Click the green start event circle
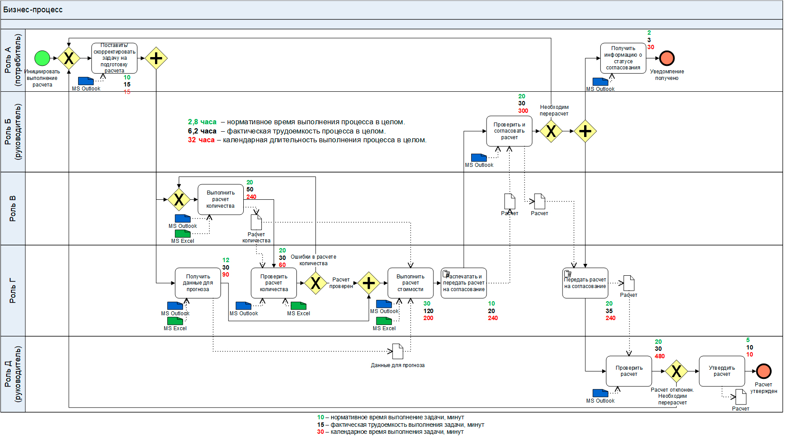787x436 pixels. pos(42,58)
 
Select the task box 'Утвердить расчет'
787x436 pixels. pos(722,371)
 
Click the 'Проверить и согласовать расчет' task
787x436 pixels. pos(509,131)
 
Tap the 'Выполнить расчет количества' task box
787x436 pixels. pos(220,199)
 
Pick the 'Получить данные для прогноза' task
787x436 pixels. pos(198,283)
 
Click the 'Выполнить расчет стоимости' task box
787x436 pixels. pos(410,283)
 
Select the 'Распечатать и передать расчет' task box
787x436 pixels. pos(464,283)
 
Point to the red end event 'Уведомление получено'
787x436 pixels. pos(667,58)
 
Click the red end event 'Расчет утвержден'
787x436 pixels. pos(764,371)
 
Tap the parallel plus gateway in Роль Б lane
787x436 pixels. pos(585,131)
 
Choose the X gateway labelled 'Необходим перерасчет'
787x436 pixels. pos(551,131)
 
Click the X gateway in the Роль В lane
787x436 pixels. pos(179,199)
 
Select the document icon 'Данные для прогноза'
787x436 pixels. pos(397,351)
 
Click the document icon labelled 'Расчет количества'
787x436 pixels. pos(256,222)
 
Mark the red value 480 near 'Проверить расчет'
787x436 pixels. pos(660,356)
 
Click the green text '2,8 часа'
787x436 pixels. pos(202,122)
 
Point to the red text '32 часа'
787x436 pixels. pos(201,140)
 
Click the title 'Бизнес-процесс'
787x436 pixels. pos(33,10)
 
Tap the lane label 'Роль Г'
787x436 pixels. pos(13,290)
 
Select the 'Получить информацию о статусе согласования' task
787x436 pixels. pos(623,58)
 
